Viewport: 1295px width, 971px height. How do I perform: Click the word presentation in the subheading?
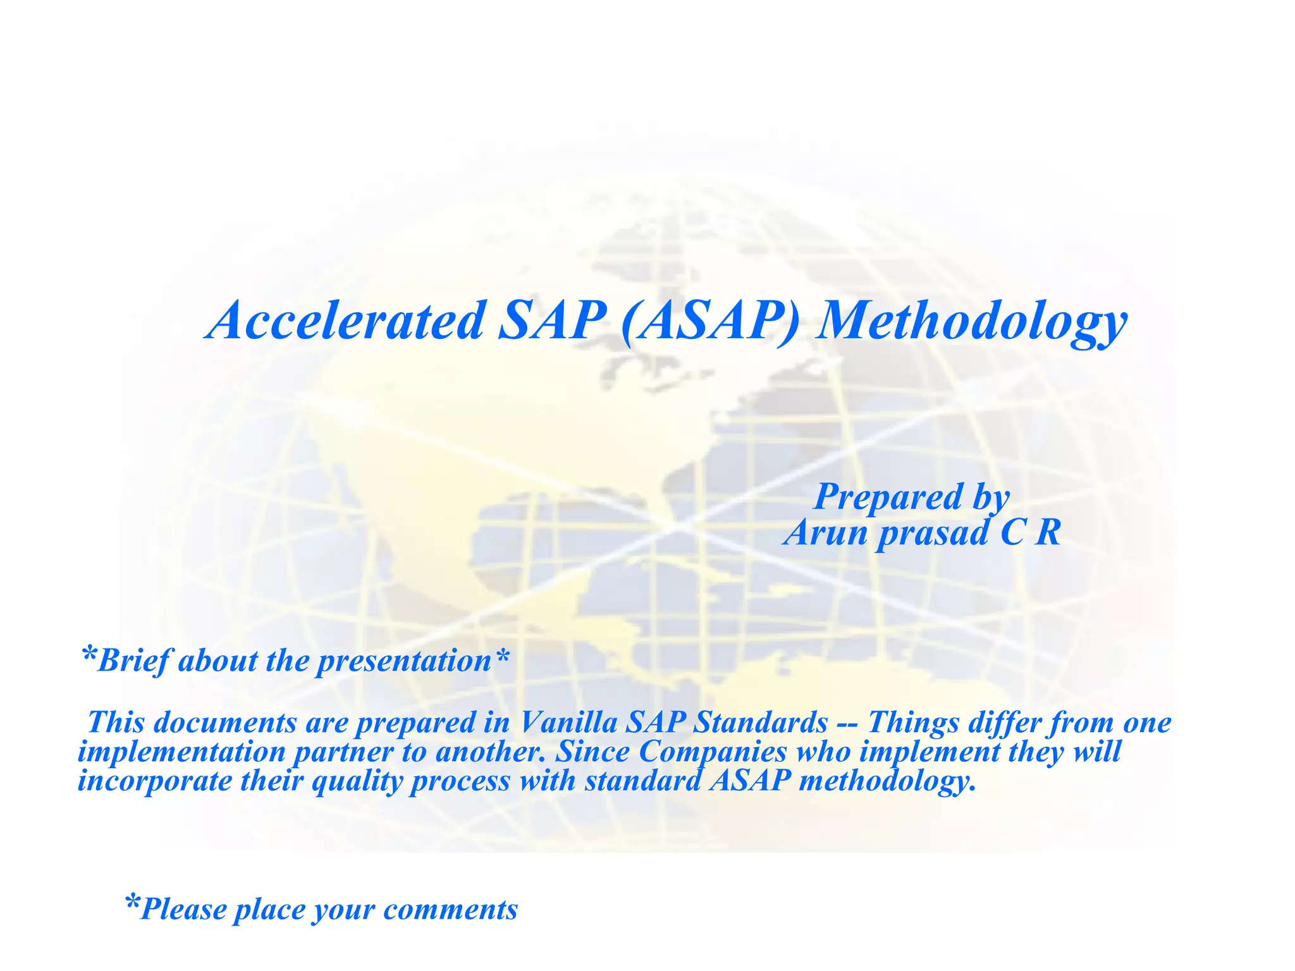(404, 661)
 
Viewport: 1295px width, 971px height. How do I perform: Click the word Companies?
(713, 752)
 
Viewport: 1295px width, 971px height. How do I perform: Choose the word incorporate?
(155, 781)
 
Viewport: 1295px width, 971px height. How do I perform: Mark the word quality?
(357, 781)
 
